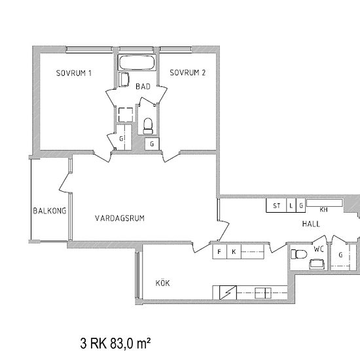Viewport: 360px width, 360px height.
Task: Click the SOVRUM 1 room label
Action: pos(74,73)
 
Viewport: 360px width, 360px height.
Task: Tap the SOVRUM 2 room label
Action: pos(188,73)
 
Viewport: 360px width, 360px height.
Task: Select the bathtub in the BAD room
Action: pos(137,62)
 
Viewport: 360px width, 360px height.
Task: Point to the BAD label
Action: pos(143,86)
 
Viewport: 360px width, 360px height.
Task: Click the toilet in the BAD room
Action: pos(148,126)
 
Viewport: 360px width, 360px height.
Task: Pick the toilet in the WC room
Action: pos(298,254)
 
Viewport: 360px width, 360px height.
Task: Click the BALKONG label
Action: pos(50,211)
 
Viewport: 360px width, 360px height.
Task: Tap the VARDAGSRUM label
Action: pos(120,218)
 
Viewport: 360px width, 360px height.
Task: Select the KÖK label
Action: pos(162,283)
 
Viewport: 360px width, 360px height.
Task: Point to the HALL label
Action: pos(311,224)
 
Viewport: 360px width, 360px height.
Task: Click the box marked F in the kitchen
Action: pos(219,252)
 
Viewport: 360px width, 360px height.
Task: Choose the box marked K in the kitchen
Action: pos(234,252)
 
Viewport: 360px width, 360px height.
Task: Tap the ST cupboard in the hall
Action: pos(276,206)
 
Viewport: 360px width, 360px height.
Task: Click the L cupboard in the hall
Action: pos(291,206)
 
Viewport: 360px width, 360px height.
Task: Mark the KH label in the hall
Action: pos(323,209)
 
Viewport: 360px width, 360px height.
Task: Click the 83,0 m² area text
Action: pos(130,344)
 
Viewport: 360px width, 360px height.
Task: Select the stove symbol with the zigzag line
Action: pos(228,293)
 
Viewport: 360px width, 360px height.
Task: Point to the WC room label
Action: pos(319,249)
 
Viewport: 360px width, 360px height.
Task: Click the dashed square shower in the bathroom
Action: pos(126,115)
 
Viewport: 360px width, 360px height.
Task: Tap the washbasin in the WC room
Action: pos(317,264)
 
